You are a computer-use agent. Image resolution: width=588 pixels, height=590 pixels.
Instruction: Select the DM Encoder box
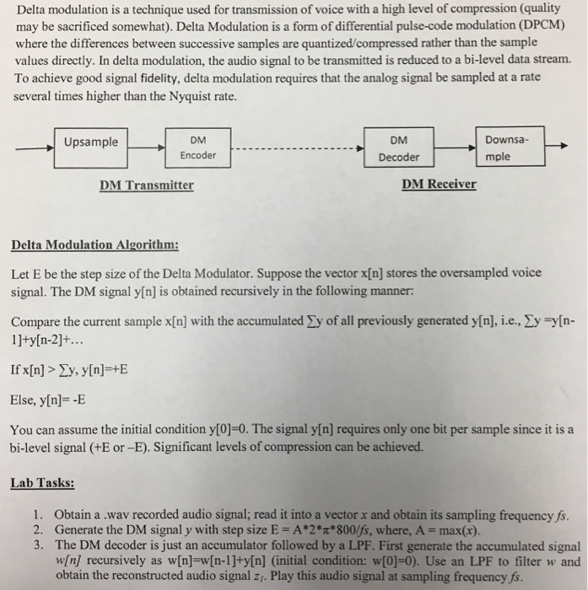197,147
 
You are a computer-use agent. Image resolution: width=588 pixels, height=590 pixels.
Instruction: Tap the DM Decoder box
399,148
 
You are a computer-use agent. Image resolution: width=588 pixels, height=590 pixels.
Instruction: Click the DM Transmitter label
146,185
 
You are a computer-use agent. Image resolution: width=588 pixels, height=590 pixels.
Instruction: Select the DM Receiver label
439,184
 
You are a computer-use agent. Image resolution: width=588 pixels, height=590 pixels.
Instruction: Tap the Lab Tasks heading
43,484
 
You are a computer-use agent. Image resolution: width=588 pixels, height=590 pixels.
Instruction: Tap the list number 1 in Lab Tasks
38,514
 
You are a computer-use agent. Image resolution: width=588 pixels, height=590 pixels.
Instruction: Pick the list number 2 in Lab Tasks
38,530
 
